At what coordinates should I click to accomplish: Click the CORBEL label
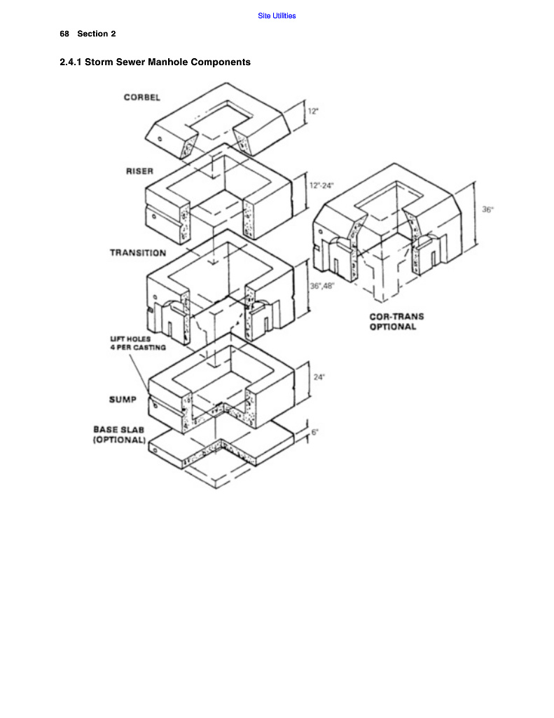pos(142,97)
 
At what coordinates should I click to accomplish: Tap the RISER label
pos(139,172)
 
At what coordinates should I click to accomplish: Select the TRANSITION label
pos(138,252)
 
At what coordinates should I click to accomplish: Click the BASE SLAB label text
pos(119,429)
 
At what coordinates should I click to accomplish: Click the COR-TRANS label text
pos(396,316)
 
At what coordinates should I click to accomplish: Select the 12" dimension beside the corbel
pos(313,111)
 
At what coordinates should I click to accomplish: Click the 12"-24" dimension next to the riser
pos(321,186)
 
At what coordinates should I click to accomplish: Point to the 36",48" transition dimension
pos(322,285)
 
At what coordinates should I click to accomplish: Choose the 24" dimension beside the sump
pos(319,377)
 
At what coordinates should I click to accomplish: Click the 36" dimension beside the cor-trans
pos(487,210)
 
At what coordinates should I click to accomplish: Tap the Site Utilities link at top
pos(277,15)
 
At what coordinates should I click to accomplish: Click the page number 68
pos(64,34)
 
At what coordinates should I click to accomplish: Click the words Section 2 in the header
pos(97,34)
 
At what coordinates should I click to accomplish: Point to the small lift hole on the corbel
pos(160,138)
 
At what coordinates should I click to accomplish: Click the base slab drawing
pos(231,449)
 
